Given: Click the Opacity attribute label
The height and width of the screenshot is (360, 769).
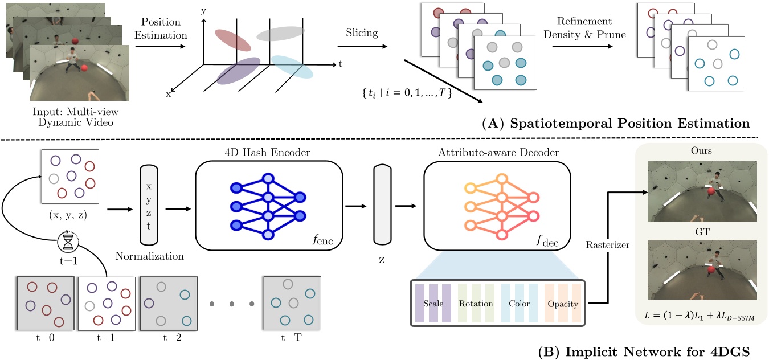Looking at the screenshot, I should (x=562, y=304).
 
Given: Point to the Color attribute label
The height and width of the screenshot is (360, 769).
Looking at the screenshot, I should (x=519, y=304).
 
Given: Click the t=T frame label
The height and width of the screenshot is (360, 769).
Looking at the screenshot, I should (x=289, y=336).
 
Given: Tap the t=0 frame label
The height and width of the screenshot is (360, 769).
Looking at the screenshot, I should (x=45, y=336).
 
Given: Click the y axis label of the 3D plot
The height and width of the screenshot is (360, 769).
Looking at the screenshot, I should (x=203, y=10).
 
